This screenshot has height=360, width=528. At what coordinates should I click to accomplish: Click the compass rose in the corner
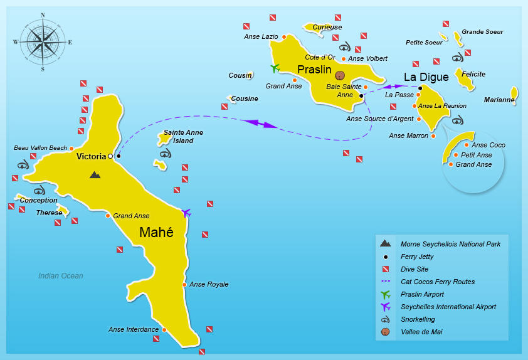click(43, 42)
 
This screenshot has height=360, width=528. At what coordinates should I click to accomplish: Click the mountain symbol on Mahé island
click(95, 175)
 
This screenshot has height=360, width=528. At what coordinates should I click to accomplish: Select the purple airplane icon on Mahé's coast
click(186, 213)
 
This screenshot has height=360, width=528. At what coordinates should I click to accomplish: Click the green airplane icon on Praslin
click(274, 68)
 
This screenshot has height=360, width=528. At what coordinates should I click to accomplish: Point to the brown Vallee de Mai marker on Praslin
click(340, 75)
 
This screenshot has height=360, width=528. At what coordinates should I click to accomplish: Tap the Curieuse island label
click(327, 27)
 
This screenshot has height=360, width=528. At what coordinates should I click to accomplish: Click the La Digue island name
click(426, 77)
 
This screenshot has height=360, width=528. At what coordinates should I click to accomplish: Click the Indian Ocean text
click(61, 276)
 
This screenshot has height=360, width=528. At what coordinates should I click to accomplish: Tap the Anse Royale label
click(209, 284)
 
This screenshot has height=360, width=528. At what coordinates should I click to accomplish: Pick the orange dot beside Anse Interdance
click(164, 330)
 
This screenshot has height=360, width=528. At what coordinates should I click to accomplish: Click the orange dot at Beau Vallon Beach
click(71, 149)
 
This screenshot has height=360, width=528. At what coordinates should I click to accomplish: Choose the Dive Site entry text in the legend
click(414, 269)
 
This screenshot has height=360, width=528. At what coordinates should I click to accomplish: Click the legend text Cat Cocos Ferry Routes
click(438, 282)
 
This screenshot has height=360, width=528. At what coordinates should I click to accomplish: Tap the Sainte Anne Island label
click(179, 136)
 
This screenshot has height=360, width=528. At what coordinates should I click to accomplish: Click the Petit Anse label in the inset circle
click(476, 155)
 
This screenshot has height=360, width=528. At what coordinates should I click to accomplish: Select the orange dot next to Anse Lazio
click(284, 37)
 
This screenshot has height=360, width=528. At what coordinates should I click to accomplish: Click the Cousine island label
click(245, 98)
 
